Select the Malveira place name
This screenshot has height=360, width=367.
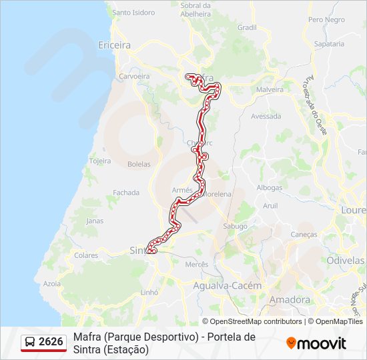click(x=270, y=89)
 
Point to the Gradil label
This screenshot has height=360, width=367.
click(x=247, y=28)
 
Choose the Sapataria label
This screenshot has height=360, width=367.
click(x=328, y=44)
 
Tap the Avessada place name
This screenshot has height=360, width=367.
click(x=266, y=116)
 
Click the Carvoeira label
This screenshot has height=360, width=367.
click(x=134, y=77)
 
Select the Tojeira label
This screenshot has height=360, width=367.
click(x=100, y=161)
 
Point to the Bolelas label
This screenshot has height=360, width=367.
click(x=139, y=164)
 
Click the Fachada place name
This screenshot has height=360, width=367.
click(x=126, y=193)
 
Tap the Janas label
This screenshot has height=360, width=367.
click(x=95, y=221)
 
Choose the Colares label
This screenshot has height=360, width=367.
click(x=86, y=255)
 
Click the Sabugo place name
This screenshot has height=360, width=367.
click(x=236, y=227)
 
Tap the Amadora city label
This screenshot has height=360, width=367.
click(x=290, y=300)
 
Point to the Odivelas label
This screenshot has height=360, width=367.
click(x=346, y=260)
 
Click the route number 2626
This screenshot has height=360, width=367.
click(x=51, y=342)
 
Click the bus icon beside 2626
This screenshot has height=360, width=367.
click(x=31, y=342)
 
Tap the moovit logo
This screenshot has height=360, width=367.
click(x=316, y=343)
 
